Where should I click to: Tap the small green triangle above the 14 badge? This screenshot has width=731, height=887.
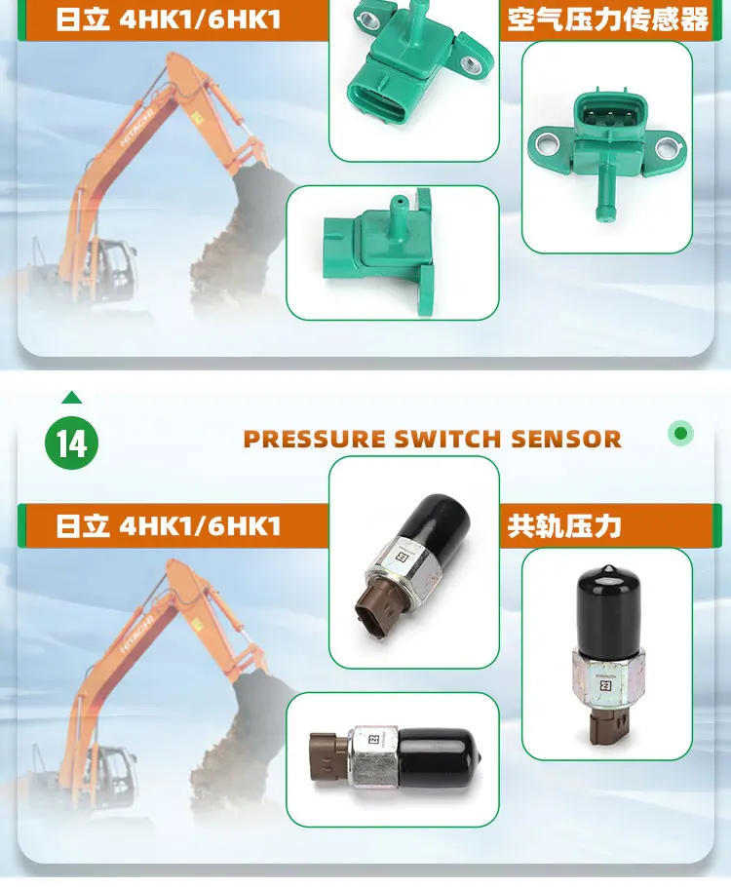click(x=71, y=398)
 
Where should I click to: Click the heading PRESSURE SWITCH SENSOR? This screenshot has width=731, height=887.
click(x=432, y=439)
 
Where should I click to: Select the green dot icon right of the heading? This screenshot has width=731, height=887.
click(x=681, y=433)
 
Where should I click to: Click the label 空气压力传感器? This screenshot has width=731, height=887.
click(x=608, y=19)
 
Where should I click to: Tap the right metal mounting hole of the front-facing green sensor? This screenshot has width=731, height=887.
click(x=667, y=149)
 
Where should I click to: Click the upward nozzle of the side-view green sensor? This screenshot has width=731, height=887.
click(x=399, y=208)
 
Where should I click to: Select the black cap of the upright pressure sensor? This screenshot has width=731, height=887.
click(x=606, y=596)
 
